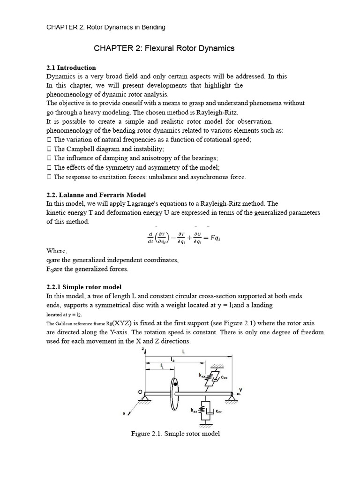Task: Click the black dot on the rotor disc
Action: click(x=175, y=384)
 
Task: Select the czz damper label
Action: click(x=218, y=412)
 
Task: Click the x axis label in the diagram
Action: click(x=125, y=413)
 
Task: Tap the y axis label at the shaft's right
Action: click(x=240, y=389)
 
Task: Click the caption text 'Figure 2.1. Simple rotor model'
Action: click(x=175, y=434)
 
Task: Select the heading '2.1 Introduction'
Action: click(x=71, y=67)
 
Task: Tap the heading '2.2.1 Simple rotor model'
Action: click(x=84, y=287)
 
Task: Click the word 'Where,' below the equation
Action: click(x=57, y=251)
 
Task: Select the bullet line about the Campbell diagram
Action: click(x=105, y=149)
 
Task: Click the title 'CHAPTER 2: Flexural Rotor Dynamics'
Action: click(x=164, y=48)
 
